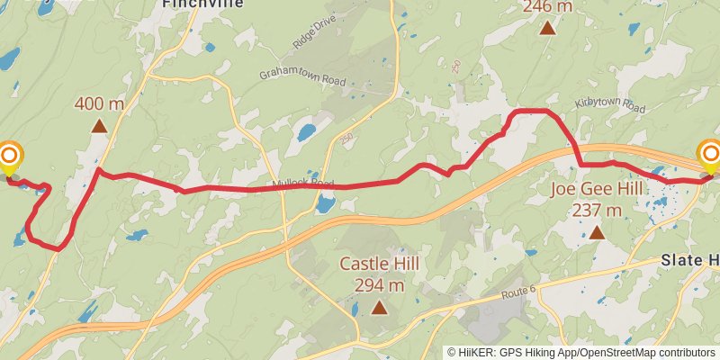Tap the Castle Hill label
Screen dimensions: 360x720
[379, 265]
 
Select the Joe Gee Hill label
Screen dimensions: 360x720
[597, 190]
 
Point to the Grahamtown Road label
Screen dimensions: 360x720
[302, 77]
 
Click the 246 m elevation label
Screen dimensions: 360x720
[547, 7]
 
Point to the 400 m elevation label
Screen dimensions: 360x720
[99, 103]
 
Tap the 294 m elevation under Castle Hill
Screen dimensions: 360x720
[379, 285]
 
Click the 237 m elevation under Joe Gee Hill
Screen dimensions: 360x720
[597, 211]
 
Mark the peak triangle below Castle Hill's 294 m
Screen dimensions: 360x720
[379, 308]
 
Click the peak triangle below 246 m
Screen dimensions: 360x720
[547, 28]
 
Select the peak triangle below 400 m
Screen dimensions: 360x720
[99, 125]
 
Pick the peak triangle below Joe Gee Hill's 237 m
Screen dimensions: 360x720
[597, 232]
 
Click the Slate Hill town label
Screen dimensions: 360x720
[690, 260]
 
